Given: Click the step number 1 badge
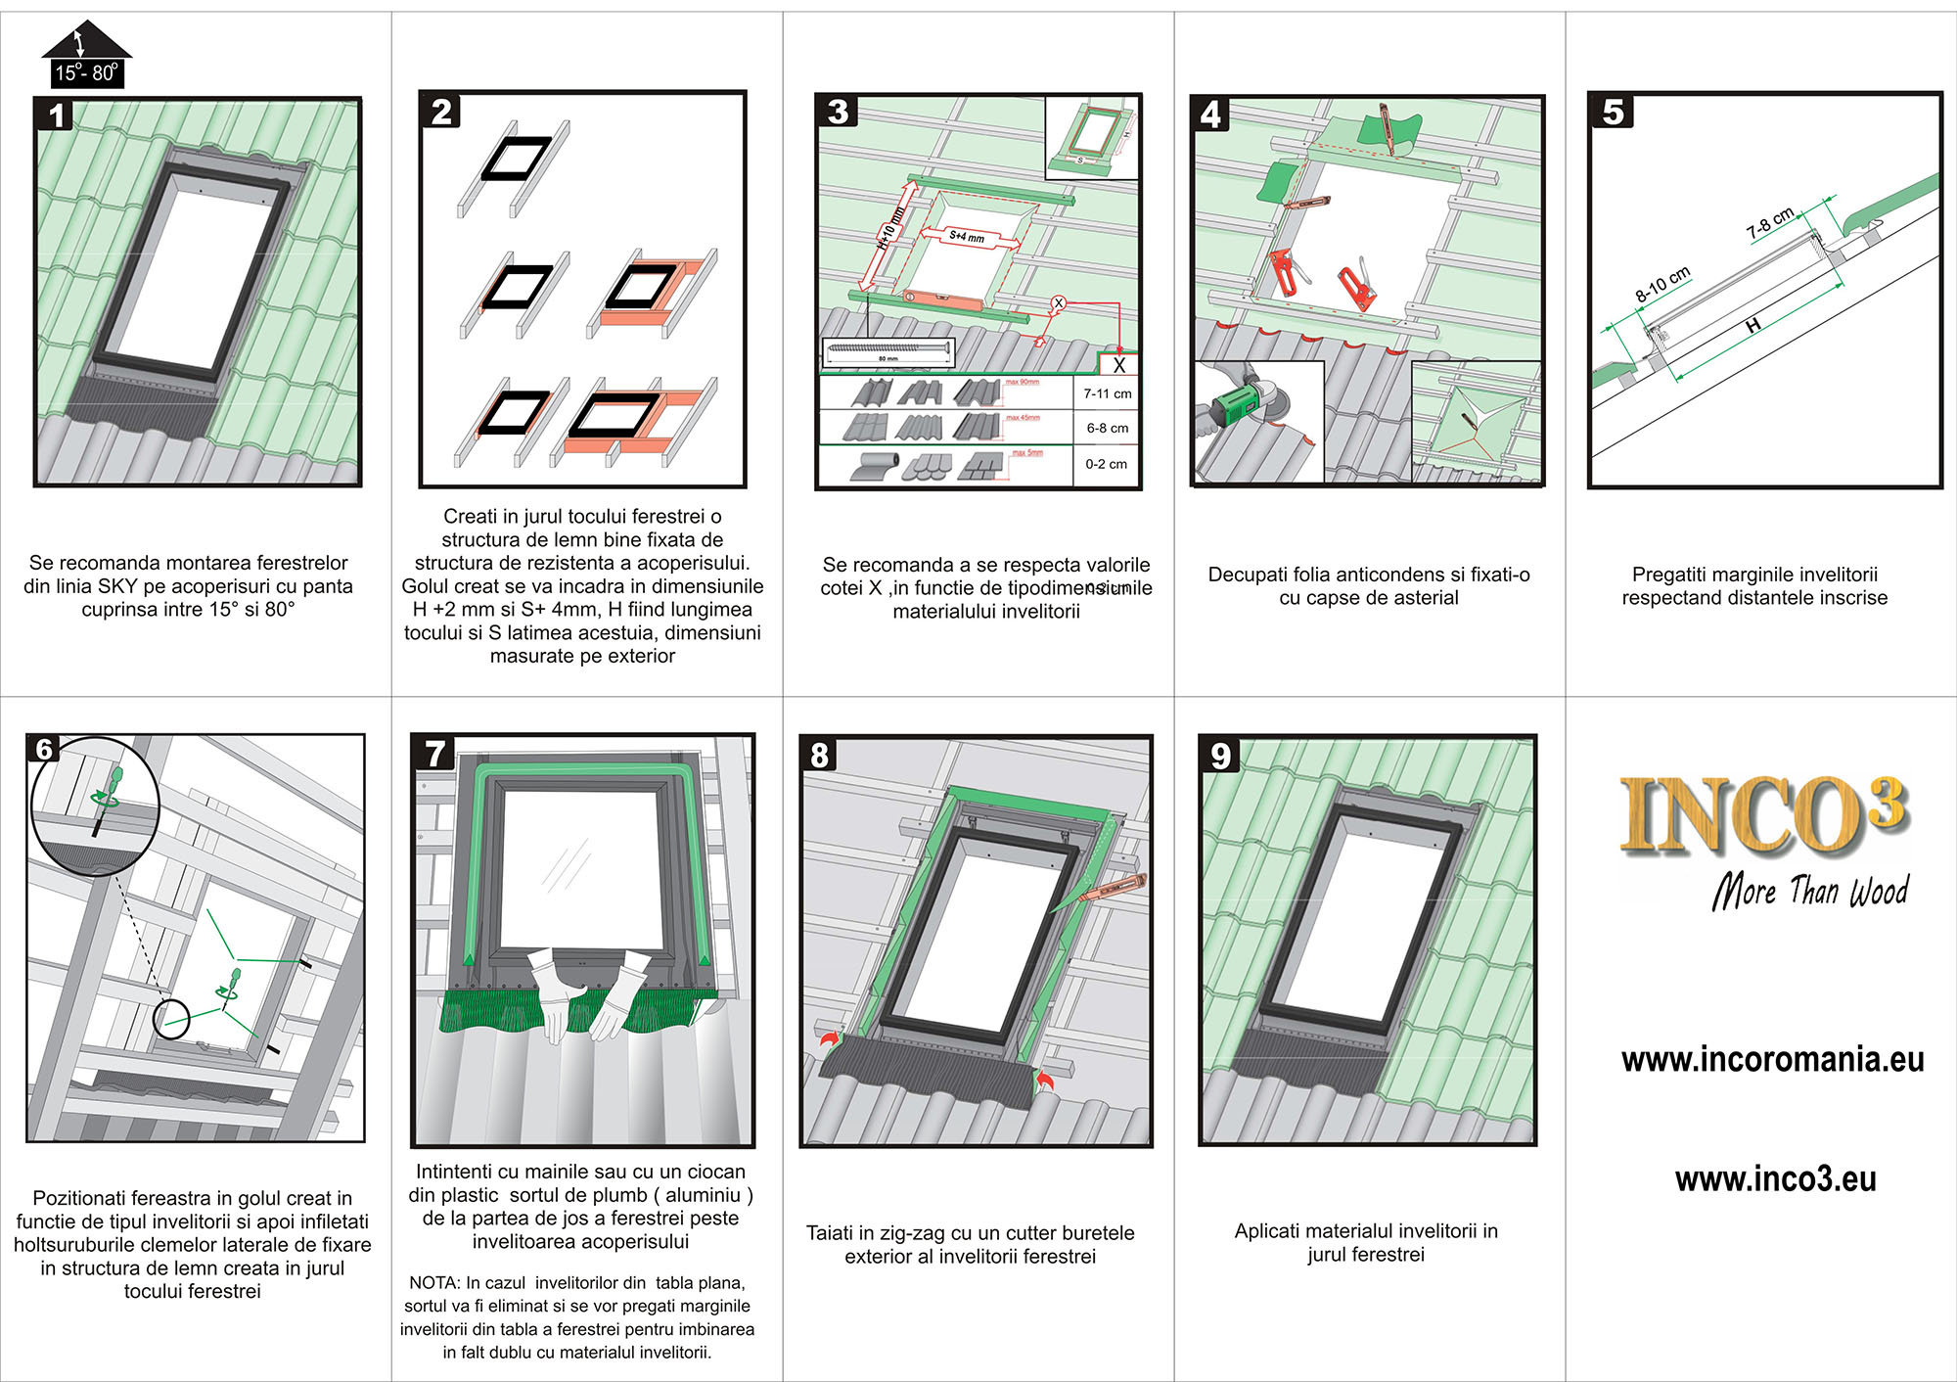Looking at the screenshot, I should pyautogui.click(x=56, y=115).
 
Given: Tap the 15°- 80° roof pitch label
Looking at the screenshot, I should pyautogui.click(x=86, y=72).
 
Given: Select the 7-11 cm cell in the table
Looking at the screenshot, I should pyautogui.click(x=1107, y=393).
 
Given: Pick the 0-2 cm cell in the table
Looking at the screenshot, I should pyautogui.click(x=1106, y=464).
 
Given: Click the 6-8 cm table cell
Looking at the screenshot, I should pyautogui.click(x=1107, y=428).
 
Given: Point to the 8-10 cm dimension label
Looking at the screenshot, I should pyautogui.click(x=1662, y=284).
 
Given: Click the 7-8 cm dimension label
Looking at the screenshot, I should pyautogui.click(x=1771, y=223).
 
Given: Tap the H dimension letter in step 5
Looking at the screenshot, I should pyautogui.click(x=1752, y=325).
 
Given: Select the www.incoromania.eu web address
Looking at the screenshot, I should pyautogui.click(x=1772, y=1060).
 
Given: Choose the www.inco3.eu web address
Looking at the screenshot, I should pyautogui.click(x=1775, y=1179).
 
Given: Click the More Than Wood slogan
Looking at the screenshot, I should pyautogui.click(x=1810, y=891).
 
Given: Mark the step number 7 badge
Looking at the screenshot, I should pyautogui.click(x=434, y=754).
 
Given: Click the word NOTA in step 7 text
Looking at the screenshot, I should pyautogui.click(x=433, y=1283).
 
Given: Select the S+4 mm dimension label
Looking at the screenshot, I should pyautogui.click(x=967, y=236).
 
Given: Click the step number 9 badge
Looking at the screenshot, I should pyautogui.click(x=1220, y=756).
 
